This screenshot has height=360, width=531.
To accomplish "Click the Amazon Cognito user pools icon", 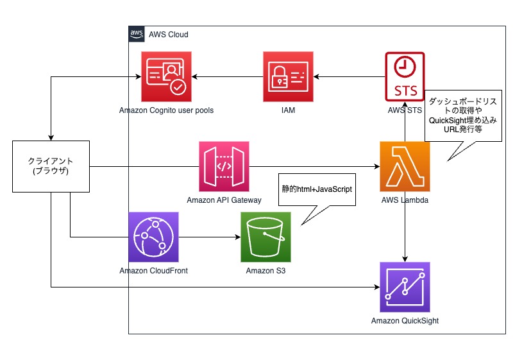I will pyautogui.click(x=166, y=77).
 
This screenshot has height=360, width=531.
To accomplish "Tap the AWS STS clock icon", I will pyautogui.click(x=405, y=77).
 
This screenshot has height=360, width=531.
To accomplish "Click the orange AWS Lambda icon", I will pyautogui.click(x=405, y=167).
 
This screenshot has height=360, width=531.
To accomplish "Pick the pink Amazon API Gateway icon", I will pyautogui.click(x=224, y=167).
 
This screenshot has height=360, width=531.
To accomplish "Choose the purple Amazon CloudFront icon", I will pyautogui.click(x=153, y=237).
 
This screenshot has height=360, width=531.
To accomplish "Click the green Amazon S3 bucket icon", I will pyautogui.click(x=265, y=237).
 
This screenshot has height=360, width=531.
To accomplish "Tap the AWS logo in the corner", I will pyautogui.click(x=137, y=34).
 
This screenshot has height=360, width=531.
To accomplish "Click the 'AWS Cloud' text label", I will pyautogui.click(x=168, y=34).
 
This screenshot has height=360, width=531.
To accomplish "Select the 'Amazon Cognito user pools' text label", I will pyautogui.click(x=166, y=110).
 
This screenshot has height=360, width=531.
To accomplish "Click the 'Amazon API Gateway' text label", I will pyautogui.click(x=224, y=200).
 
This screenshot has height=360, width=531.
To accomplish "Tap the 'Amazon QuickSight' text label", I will pyautogui.click(x=405, y=321).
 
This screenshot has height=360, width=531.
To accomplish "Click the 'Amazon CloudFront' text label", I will pyautogui.click(x=153, y=271).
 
